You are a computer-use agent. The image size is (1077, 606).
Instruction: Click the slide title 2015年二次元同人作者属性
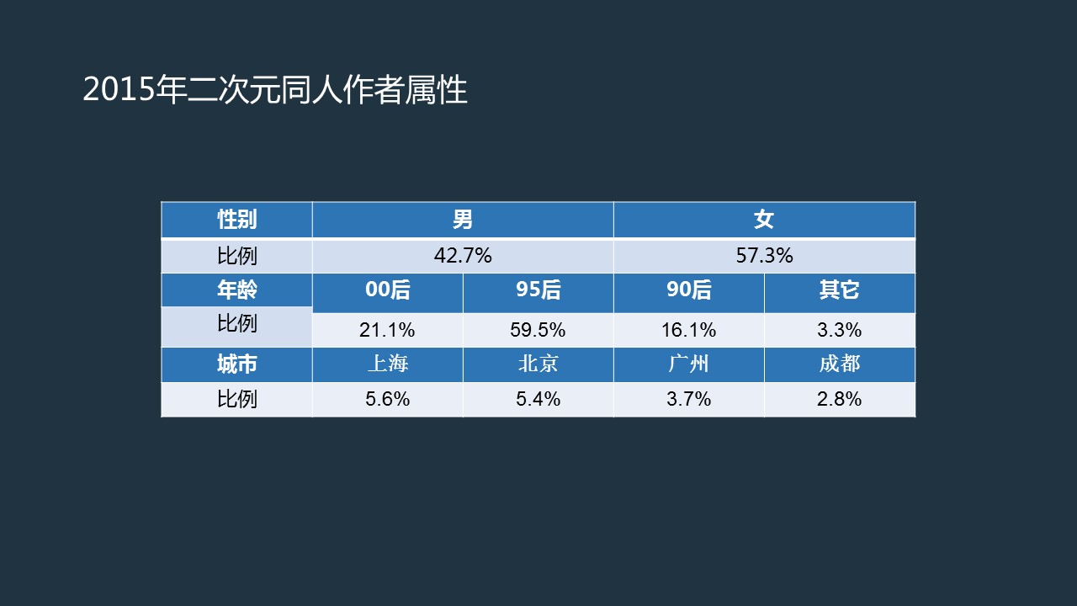(275, 90)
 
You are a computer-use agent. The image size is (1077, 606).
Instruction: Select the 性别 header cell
(236, 220)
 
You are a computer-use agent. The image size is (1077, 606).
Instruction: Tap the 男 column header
(463, 220)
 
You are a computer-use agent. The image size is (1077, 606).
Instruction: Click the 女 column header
(764, 220)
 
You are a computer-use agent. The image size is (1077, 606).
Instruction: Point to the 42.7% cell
(463, 256)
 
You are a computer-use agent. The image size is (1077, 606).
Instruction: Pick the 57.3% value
(764, 256)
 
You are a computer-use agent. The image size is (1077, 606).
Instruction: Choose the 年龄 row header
(236, 290)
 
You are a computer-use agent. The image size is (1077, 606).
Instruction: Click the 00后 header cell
(388, 290)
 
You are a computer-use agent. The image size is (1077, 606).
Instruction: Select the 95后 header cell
(538, 290)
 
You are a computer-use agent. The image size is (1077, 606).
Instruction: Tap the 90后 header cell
(688, 290)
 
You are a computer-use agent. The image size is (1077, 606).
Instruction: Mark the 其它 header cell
(840, 290)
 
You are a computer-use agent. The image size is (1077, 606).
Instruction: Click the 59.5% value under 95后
(538, 330)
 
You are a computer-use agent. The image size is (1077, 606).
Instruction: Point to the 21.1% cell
(388, 330)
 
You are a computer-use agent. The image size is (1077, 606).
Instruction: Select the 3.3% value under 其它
(840, 330)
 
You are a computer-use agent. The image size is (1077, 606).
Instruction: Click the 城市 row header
(236, 364)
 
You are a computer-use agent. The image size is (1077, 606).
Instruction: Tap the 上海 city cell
(388, 364)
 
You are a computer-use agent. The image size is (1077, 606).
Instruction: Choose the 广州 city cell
(688, 364)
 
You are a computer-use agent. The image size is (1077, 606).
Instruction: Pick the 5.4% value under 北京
(538, 399)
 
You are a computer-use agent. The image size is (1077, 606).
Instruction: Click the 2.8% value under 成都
(840, 399)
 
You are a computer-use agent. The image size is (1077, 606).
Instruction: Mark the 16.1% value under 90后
(688, 330)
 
